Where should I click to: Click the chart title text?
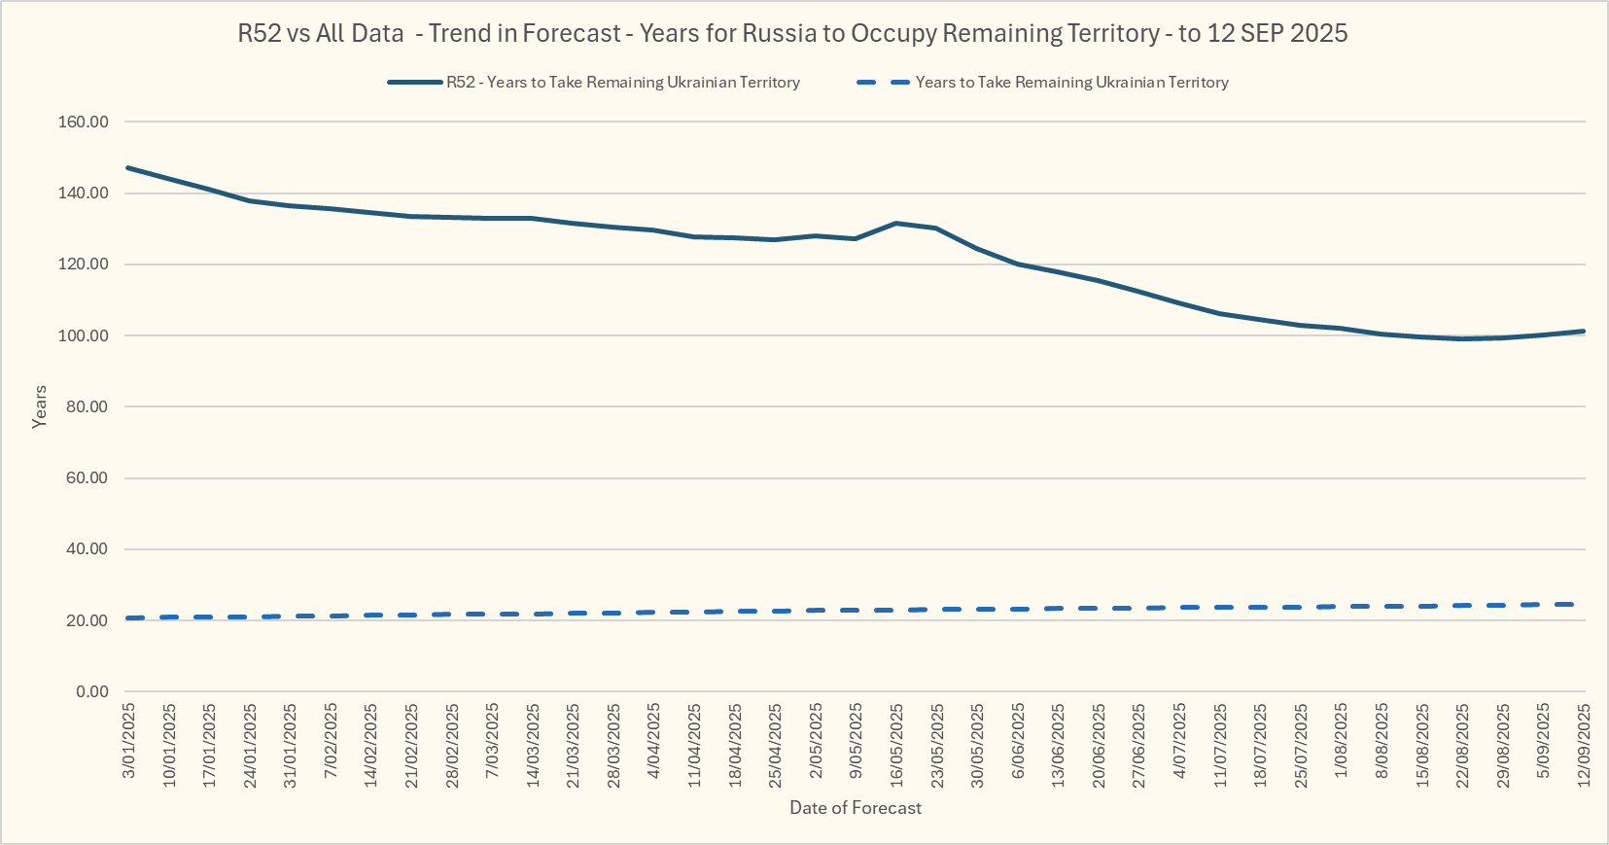pyautogui.click(x=792, y=33)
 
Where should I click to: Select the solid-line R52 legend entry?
pyautogui.click(x=622, y=83)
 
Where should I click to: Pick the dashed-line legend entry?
pyautogui.click(x=1071, y=83)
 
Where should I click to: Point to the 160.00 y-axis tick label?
pyautogui.click(x=84, y=123)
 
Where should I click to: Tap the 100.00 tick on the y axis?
pyautogui.click(x=84, y=335)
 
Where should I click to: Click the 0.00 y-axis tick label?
pyautogui.click(x=92, y=691)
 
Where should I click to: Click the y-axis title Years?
pyautogui.click(x=40, y=406)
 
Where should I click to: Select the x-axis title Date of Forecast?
pyautogui.click(x=856, y=808)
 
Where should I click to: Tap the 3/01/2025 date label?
pyautogui.click(x=128, y=742)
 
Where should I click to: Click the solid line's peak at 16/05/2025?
pyautogui.click(x=896, y=224)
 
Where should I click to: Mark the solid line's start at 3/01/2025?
pyautogui.click(x=128, y=168)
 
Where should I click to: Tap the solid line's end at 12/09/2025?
pyautogui.click(x=1584, y=332)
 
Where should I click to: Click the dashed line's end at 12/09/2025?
pyautogui.click(x=1584, y=605)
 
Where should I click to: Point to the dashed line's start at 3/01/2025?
pyautogui.click(x=128, y=618)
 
